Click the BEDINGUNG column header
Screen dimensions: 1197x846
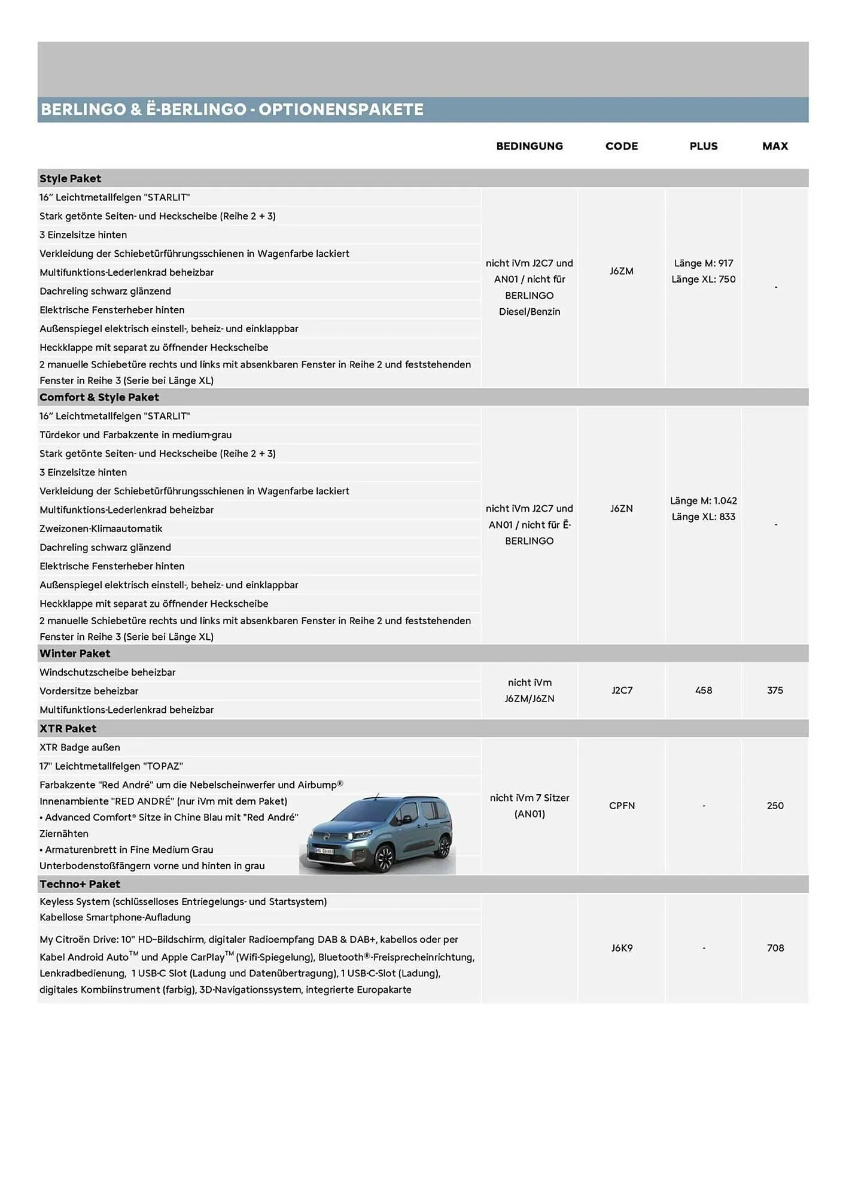tap(529, 146)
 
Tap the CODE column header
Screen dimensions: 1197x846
tap(622, 146)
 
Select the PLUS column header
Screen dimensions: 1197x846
tap(703, 146)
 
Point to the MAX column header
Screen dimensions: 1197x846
tap(775, 146)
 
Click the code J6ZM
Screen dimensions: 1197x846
tap(622, 271)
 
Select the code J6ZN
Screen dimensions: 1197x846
tap(622, 509)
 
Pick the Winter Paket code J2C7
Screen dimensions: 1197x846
tap(622, 690)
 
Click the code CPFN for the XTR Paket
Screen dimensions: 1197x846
tap(622, 806)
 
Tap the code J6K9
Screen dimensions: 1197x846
tap(622, 948)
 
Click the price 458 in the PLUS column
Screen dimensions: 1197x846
tap(704, 690)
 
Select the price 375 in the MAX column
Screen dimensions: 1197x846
tap(775, 690)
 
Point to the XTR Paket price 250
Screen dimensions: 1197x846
tap(775, 806)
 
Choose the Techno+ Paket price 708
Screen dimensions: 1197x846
tap(775, 948)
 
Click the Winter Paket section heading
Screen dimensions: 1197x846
tap(75, 654)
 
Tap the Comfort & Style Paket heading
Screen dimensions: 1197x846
tap(99, 397)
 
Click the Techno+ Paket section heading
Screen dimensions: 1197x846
tap(80, 884)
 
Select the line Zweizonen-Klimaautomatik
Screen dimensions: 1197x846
tap(101, 528)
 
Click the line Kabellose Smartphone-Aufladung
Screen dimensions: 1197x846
tap(115, 918)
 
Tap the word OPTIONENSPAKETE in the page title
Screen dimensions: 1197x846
tap(341, 110)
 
